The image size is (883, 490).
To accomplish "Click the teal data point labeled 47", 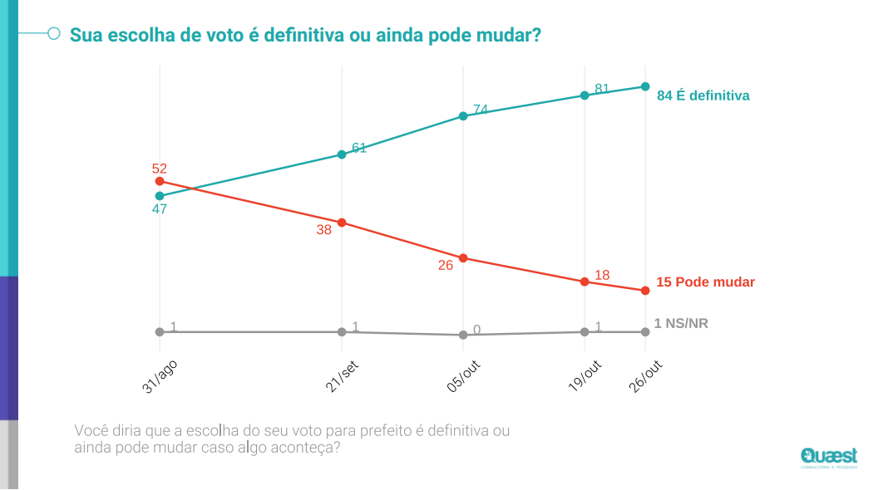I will point(160,196).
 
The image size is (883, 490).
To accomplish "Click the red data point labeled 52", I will point(160,181).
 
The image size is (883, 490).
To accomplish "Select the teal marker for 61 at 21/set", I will point(342,154).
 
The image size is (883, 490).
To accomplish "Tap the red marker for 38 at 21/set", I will point(342,223).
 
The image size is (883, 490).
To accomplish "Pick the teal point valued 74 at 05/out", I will point(463,116).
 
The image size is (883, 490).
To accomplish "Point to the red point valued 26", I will point(463,257).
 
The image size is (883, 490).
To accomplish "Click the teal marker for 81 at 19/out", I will point(585,96).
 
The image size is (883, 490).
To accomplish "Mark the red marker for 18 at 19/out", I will point(585,282).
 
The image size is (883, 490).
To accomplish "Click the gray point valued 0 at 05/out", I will point(463,335).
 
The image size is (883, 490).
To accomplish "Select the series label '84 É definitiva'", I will point(703,96).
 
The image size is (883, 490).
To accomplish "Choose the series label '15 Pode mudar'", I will point(706,282).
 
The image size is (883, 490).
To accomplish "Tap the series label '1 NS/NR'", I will point(681,323).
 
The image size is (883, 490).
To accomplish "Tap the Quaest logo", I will point(828,458).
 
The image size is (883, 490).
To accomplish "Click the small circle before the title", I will point(54,34).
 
